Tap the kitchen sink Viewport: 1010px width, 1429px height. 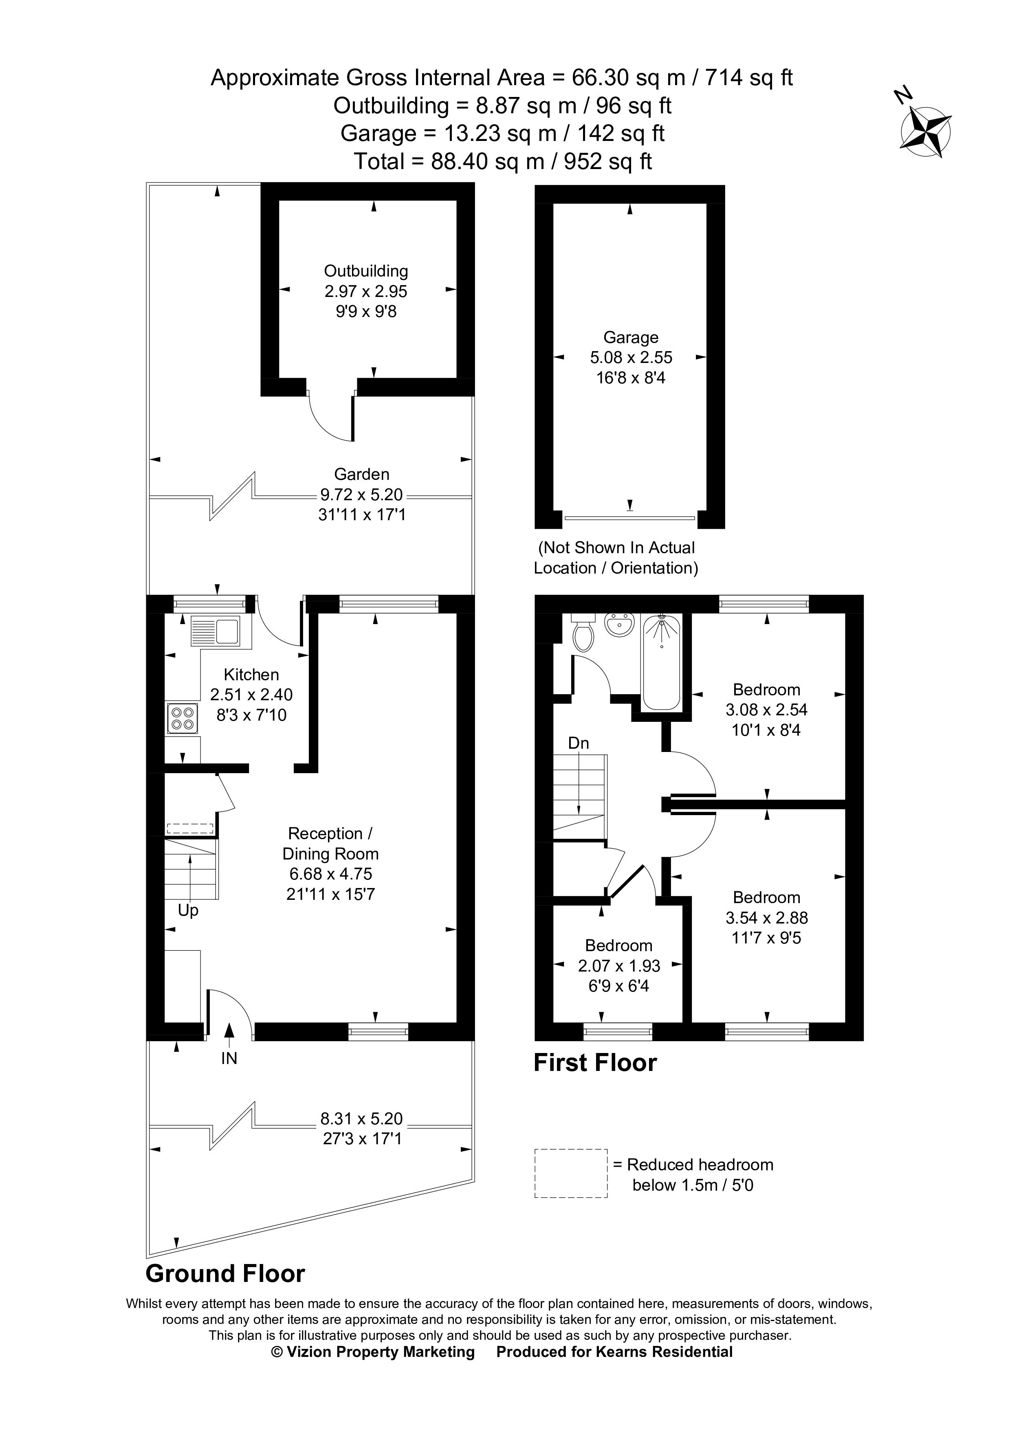tap(215, 632)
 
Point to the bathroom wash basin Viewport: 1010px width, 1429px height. tap(619, 625)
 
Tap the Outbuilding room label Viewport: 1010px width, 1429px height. tap(366, 271)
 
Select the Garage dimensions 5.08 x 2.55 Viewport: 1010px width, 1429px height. tap(631, 358)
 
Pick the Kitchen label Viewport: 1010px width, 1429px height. tap(251, 675)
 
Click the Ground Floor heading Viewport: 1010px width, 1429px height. tap(225, 1274)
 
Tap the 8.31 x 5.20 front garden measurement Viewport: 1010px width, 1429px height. tap(361, 1119)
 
